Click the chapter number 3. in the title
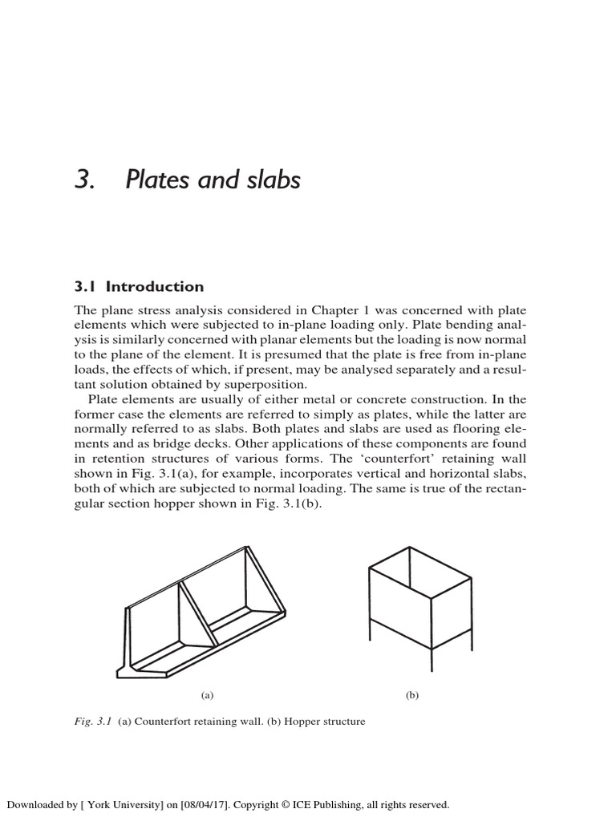[84, 180]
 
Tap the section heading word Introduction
[156, 287]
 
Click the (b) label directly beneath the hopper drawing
[412, 695]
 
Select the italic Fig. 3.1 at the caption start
[92, 722]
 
